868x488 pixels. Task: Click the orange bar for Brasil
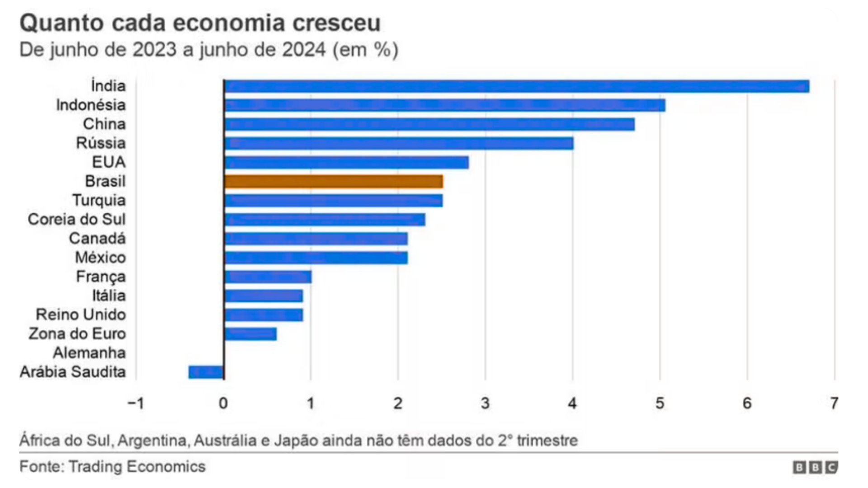pos(333,181)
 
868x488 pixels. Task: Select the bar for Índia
pos(516,86)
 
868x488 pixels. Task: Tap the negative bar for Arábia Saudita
pos(206,372)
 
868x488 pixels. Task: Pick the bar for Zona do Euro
pos(250,334)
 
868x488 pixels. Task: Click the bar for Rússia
pos(399,143)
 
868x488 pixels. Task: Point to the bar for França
pos(268,277)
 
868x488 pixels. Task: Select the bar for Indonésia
pos(444,105)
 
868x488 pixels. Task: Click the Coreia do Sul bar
pos(325,220)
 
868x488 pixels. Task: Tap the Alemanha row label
pos(90,353)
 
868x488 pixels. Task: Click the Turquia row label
pos(99,200)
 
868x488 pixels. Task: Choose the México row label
pos(100,258)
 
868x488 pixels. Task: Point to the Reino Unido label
pos(81,314)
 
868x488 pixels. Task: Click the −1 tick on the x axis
pos(136,403)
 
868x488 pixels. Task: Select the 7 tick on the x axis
pos(835,403)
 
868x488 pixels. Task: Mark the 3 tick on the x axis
pos(485,403)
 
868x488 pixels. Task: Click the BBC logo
pos(815,467)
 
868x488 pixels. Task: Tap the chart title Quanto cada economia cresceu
pos(200,23)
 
